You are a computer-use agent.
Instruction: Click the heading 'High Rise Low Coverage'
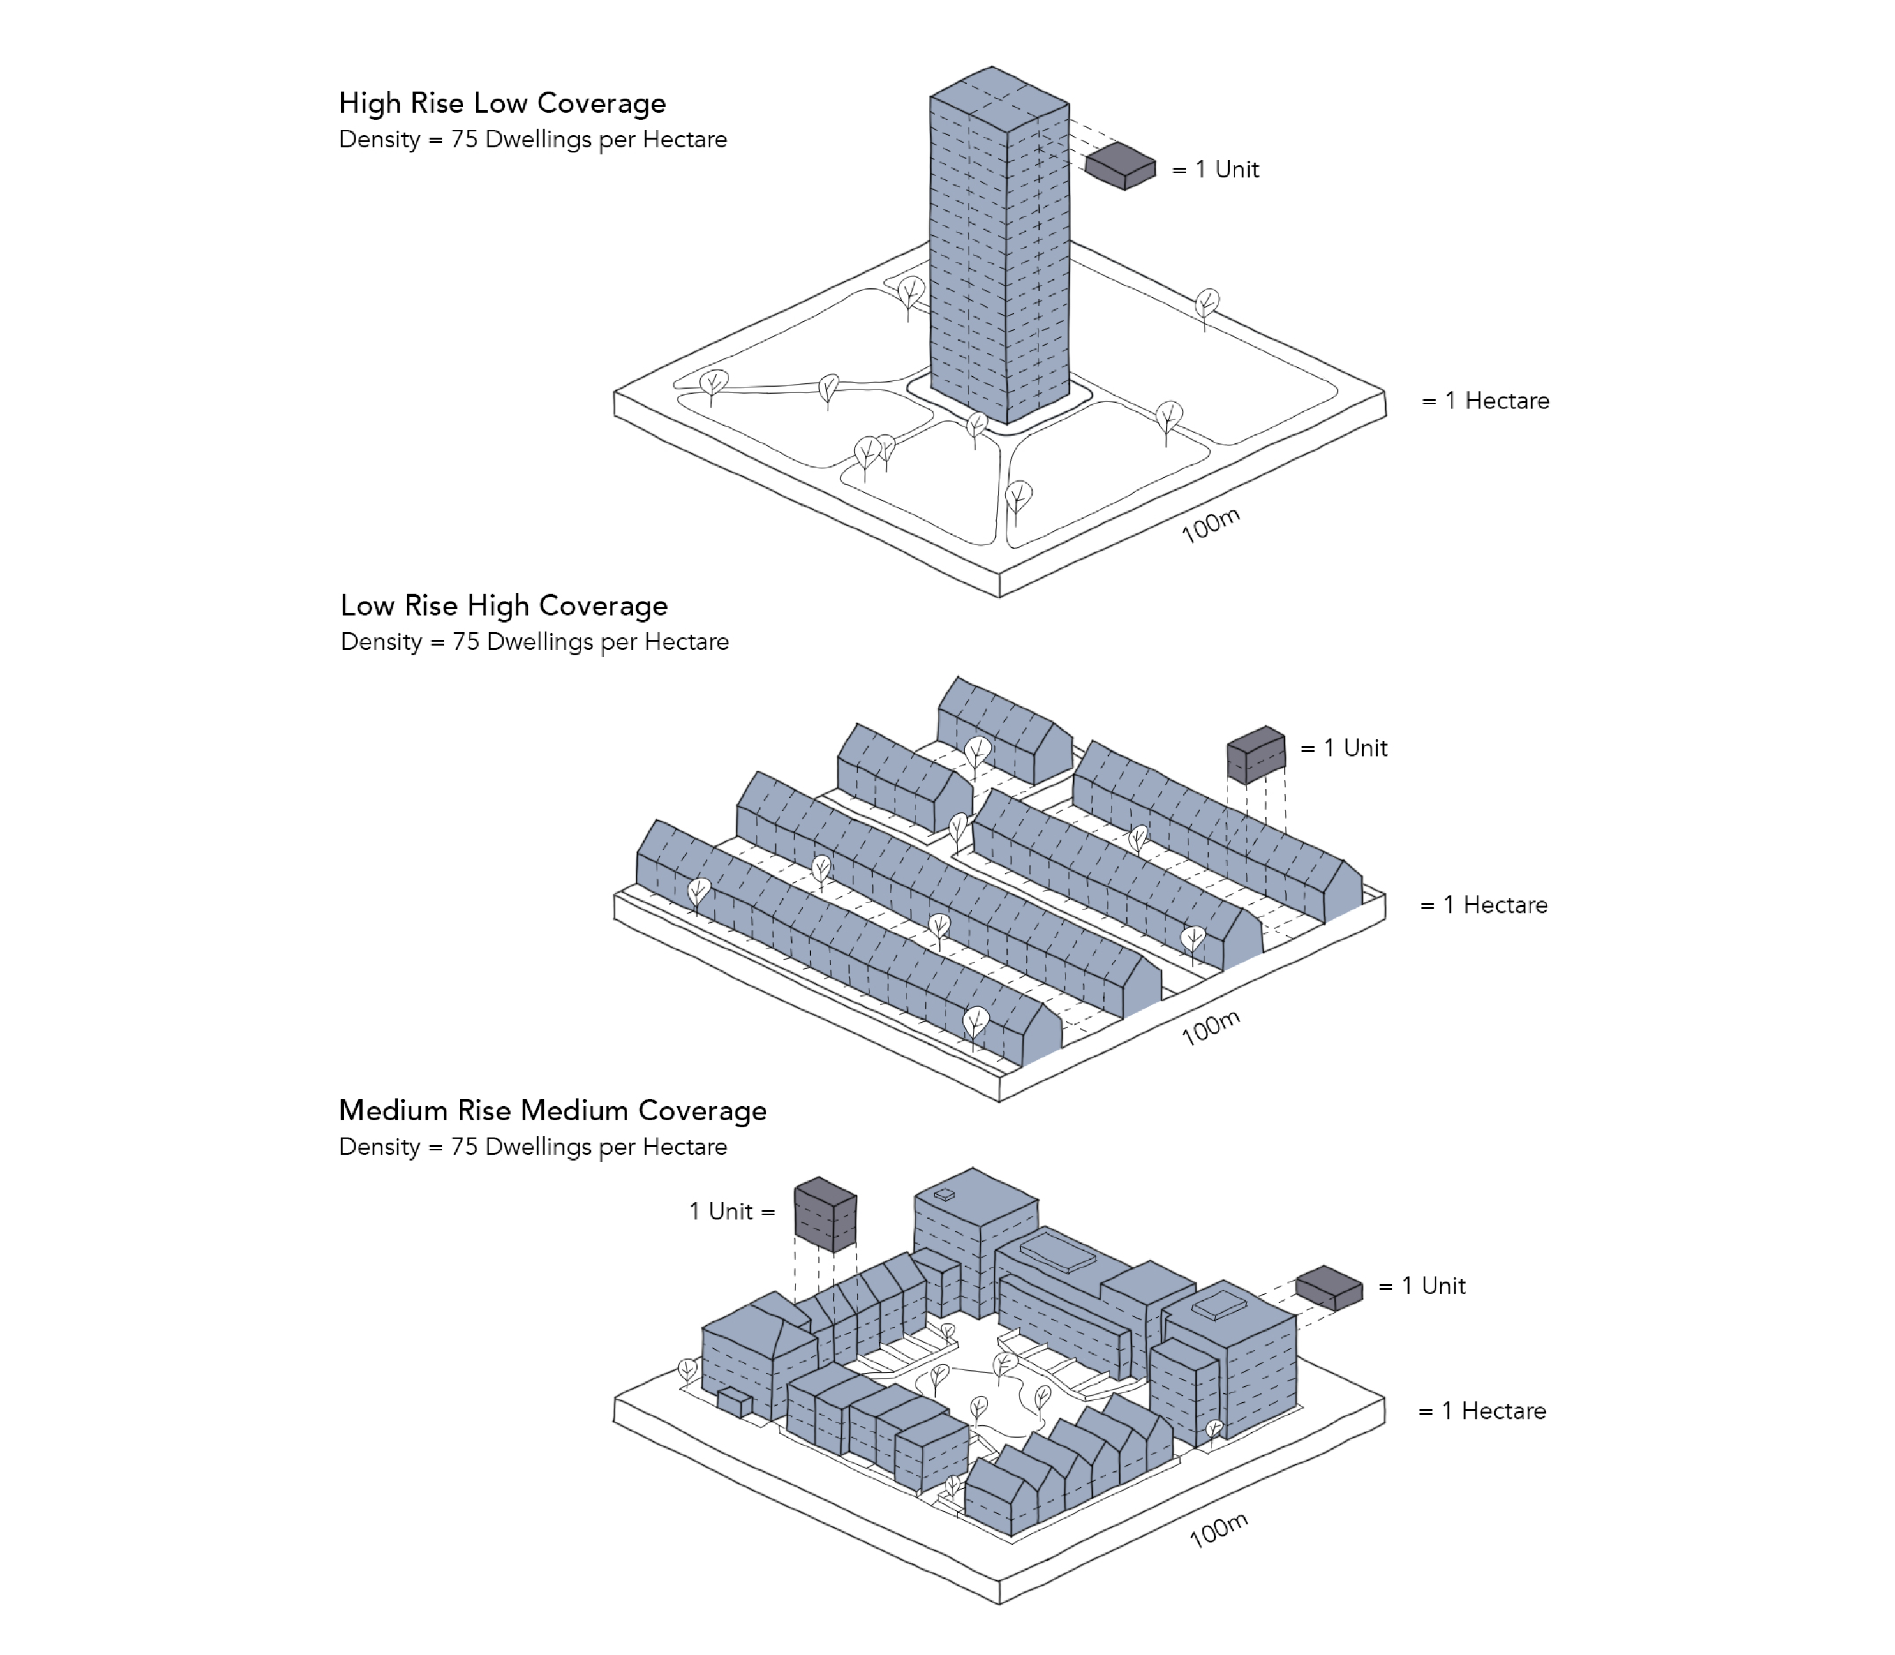[502, 102]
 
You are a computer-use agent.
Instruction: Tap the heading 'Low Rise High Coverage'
[504, 606]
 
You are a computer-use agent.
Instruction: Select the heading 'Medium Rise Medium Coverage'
[552, 1110]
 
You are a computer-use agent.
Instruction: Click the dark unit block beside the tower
[1120, 167]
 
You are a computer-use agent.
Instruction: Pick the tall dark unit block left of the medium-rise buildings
[825, 1214]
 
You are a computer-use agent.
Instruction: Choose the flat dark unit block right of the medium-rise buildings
[1329, 1287]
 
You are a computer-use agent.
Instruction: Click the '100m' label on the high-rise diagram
[1210, 525]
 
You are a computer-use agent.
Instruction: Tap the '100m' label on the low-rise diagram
[1210, 1027]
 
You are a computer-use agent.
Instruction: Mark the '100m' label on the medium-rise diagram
[1218, 1530]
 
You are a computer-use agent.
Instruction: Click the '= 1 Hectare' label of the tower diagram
[1485, 401]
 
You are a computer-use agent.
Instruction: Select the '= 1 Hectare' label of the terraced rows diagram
[1483, 905]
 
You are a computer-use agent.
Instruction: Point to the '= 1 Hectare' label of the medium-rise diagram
[1482, 1411]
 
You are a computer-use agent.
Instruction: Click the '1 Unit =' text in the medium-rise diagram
[732, 1212]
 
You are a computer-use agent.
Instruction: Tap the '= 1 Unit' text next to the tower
[1215, 169]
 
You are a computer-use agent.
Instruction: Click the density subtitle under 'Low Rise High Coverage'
[534, 642]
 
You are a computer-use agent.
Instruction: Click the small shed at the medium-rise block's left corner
[735, 1403]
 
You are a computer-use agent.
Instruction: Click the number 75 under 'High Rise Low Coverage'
[464, 140]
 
